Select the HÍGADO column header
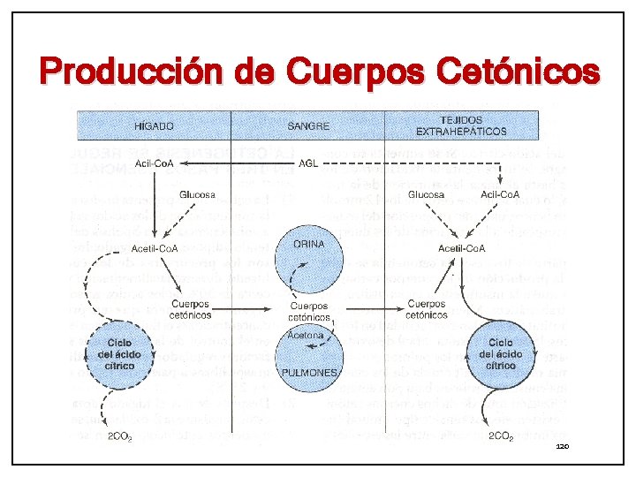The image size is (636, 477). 154,125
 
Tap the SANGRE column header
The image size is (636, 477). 308,125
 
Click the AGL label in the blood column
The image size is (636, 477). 309,163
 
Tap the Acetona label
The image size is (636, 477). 307,336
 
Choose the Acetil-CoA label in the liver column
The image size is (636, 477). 155,248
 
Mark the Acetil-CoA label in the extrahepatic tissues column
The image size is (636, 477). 462,248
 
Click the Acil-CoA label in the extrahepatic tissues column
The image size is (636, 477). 500,194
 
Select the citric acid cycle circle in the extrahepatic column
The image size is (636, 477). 501,354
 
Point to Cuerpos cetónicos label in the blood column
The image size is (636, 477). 308,311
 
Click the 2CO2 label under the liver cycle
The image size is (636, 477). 120,436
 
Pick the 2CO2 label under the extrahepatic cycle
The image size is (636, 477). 501,436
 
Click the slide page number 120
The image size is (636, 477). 562,448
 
